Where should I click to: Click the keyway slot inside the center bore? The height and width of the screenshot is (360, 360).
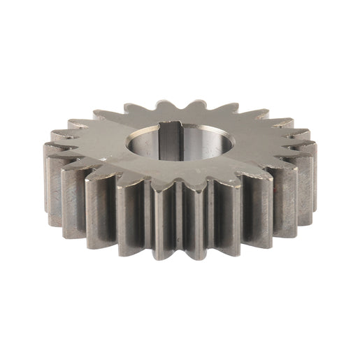point(170,139)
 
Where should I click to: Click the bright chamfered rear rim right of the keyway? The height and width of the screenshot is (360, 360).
point(199,129)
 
